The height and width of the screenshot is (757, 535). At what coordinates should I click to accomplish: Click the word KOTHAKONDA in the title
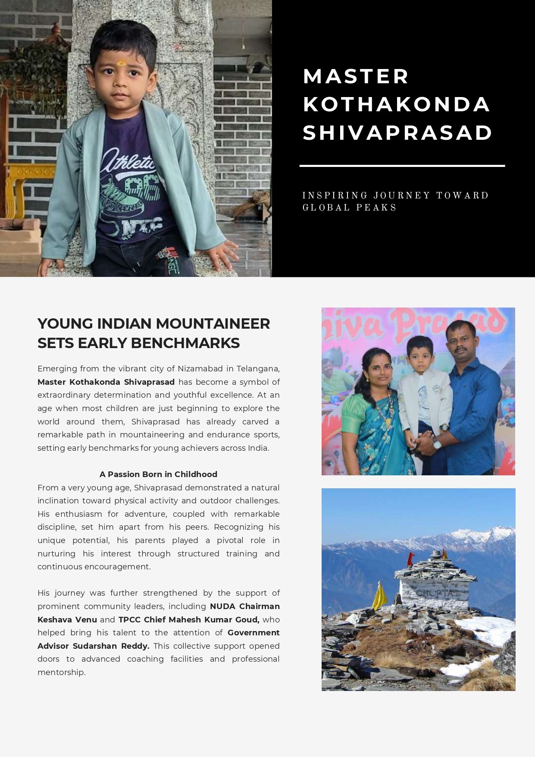[396, 104]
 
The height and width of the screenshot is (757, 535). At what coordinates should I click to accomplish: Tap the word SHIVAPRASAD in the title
[397, 133]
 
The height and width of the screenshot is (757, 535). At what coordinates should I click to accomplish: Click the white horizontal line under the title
[402, 166]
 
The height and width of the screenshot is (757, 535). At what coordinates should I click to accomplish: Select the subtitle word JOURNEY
[402, 196]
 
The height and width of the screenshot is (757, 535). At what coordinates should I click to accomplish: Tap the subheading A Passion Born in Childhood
[158, 474]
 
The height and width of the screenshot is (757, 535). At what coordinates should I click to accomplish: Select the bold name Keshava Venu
[67, 620]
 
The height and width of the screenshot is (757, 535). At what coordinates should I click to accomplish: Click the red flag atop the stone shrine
[410, 559]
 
